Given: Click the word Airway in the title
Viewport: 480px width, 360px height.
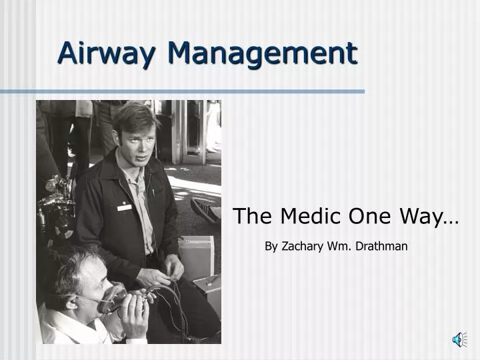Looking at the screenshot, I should coord(103,52).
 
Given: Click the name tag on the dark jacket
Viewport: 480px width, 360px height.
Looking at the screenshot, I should coord(125,207).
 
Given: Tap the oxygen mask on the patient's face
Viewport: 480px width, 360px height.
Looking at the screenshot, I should coord(114,298).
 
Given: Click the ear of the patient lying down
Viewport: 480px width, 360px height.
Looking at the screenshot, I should coord(71,302).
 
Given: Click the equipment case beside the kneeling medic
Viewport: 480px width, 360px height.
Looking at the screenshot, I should coord(198,253).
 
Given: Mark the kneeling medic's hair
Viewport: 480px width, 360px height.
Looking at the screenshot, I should coord(133,115).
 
